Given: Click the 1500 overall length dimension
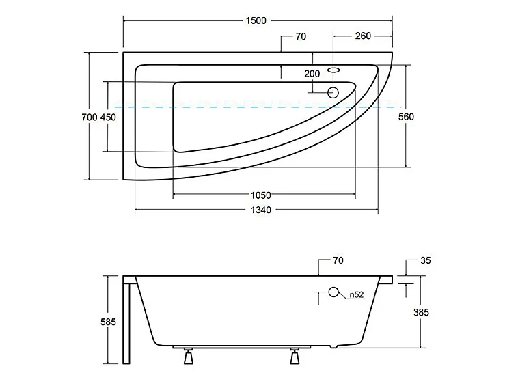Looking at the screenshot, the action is click(256, 20).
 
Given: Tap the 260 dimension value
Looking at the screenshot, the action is click(363, 36).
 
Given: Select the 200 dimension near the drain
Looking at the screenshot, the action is click(312, 74).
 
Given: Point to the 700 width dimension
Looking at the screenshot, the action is click(90, 117).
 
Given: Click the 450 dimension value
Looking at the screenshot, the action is click(108, 117).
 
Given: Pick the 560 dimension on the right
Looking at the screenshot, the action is click(406, 117).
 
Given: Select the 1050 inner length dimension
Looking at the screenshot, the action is click(260, 195).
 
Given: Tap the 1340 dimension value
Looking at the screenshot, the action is click(260, 210).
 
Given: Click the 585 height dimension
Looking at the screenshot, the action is click(109, 322).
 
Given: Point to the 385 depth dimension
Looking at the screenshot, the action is click(421, 312).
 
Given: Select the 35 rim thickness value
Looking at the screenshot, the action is click(426, 260).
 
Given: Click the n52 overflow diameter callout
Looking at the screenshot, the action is click(357, 294).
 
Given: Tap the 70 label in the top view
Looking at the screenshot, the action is click(301, 36).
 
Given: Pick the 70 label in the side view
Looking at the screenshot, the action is click(338, 260).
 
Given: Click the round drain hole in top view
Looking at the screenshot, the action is click(333, 92).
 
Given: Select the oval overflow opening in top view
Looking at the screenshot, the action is click(333, 70).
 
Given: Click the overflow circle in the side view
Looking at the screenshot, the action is click(333, 292).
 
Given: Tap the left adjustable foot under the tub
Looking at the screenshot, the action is click(189, 356).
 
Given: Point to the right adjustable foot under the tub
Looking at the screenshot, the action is click(295, 356).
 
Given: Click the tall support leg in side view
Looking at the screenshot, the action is click(126, 320).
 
